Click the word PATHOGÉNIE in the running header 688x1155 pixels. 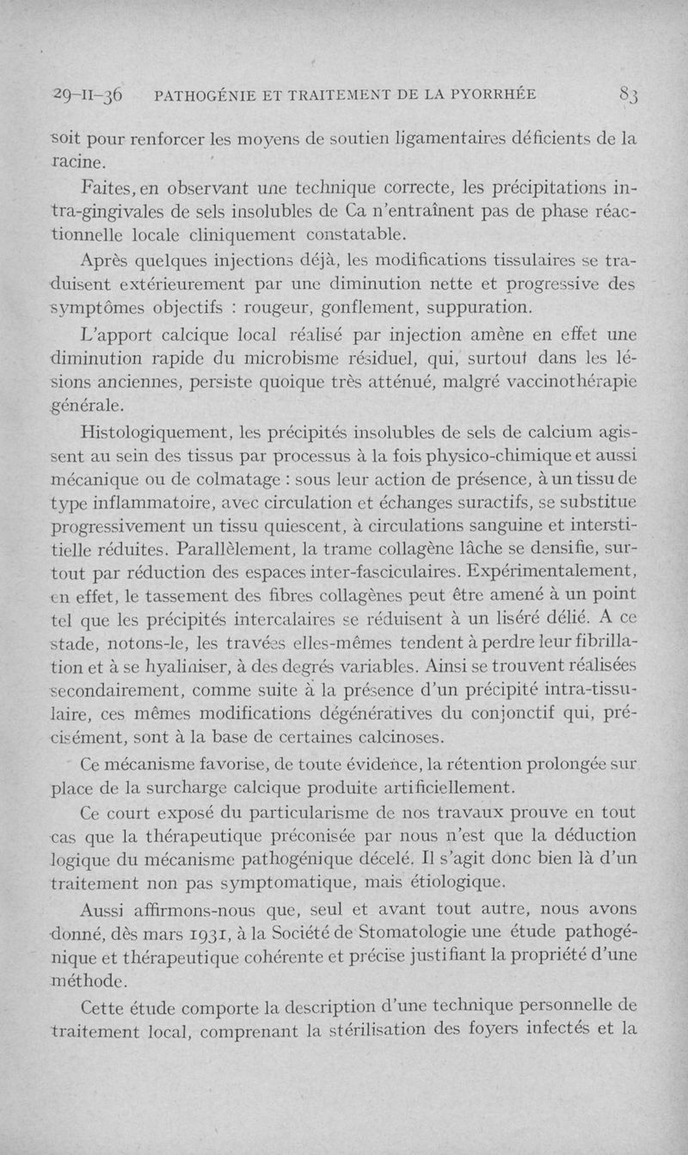pyautogui.click(x=206, y=96)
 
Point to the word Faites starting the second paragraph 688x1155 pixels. pyautogui.click(x=110, y=187)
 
